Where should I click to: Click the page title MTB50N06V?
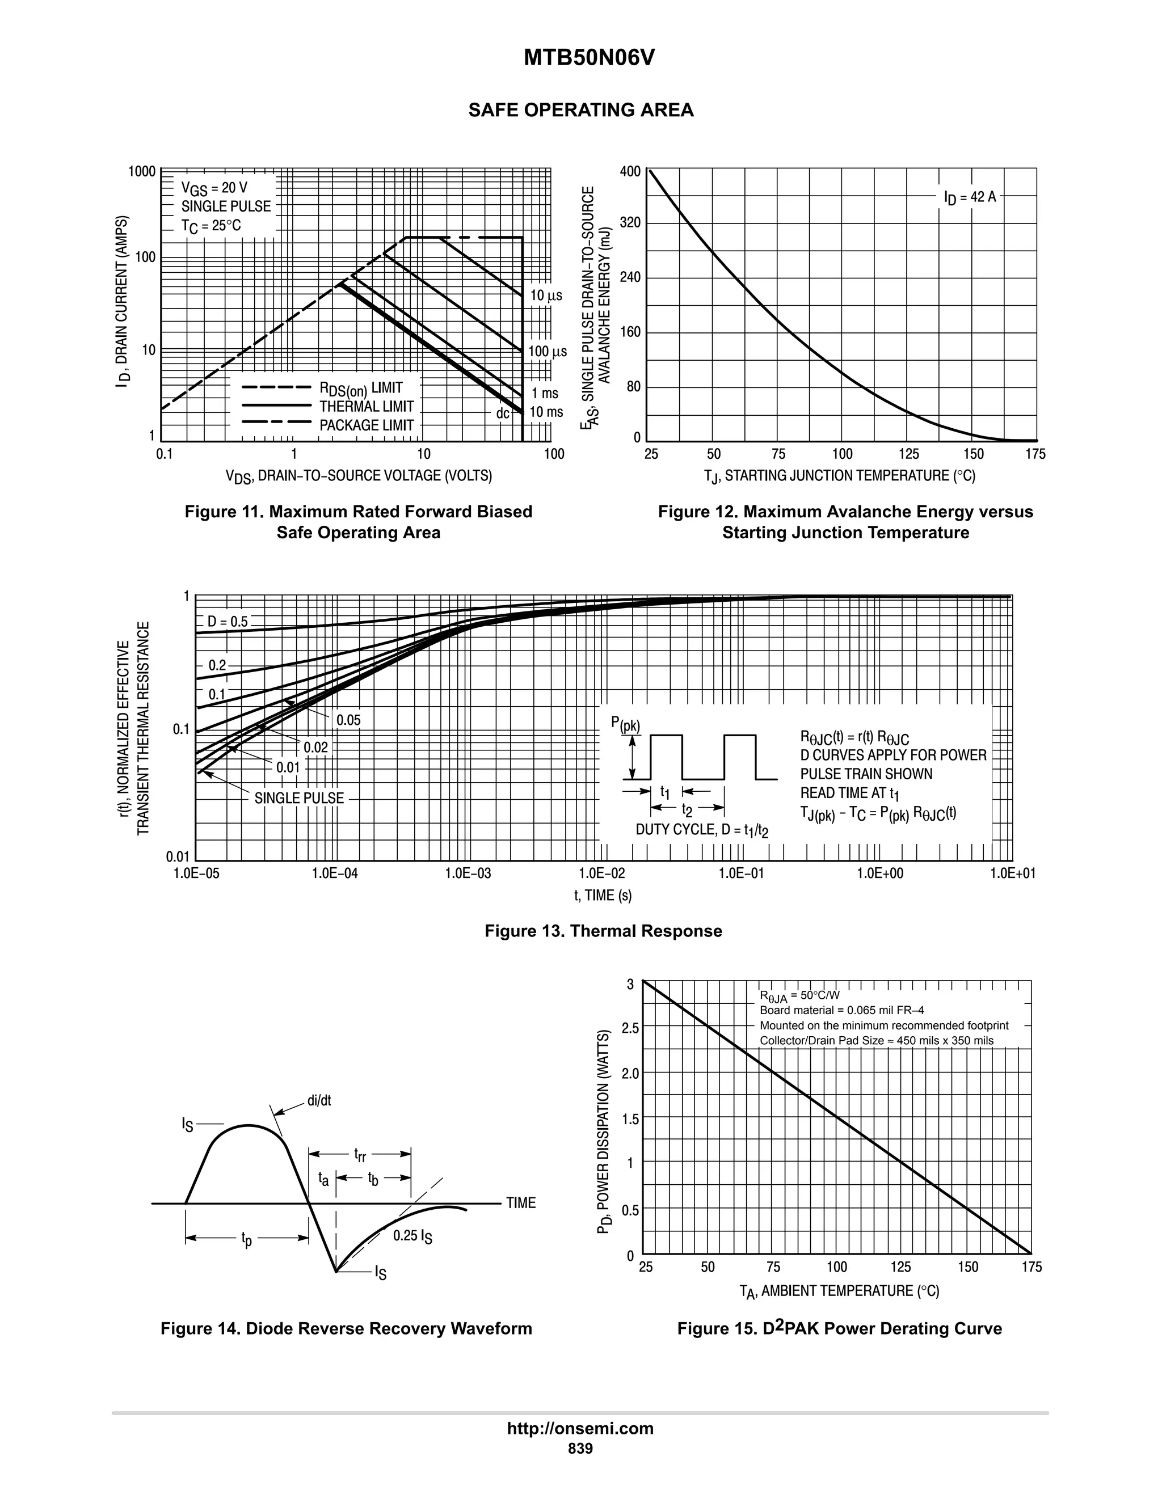(588, 58)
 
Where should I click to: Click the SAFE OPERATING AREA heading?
(580, 110)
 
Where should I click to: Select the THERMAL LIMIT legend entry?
(366, 407)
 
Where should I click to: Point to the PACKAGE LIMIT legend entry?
(366, 425)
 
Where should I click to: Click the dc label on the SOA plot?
(503, 413)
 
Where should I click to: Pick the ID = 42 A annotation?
(970, 197)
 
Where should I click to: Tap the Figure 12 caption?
(845, 522)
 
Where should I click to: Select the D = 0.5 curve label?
(227, 622)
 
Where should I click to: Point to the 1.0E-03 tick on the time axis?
(468, 873)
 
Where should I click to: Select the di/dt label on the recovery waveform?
(319, 1100)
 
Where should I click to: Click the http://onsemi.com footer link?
(580, 1428)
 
